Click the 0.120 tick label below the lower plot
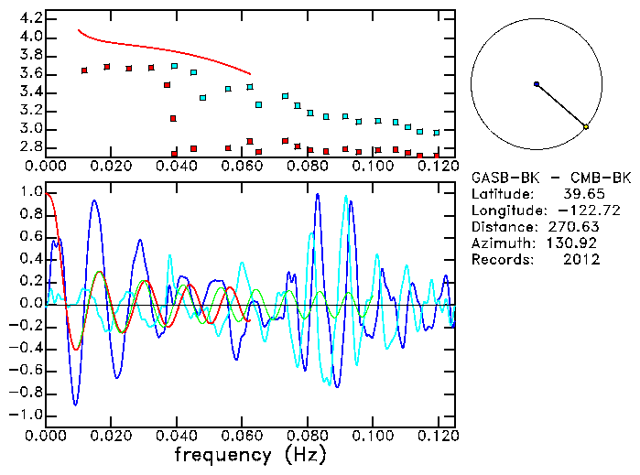(438, 436)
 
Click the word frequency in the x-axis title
(222, 455)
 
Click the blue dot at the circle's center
(537, 84)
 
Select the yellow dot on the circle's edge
(586, 126)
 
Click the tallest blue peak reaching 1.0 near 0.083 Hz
(318, 194)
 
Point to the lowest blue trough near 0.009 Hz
(75, 404)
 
